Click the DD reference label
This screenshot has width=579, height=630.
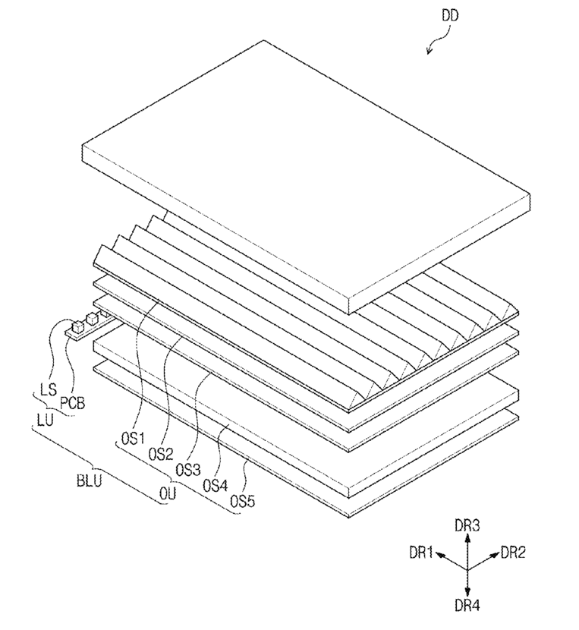(450, 16)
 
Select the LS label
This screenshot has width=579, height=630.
(49, 389)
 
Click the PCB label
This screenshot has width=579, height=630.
(73, 402)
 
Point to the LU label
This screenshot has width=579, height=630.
(45, 421)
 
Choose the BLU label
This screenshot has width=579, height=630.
(90, 480)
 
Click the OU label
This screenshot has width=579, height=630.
(168, 493)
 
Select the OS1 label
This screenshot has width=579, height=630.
(133, 439)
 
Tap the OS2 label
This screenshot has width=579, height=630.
(161, 455)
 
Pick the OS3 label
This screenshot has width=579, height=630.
(188, 470)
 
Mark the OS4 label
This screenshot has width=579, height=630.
(215, 486)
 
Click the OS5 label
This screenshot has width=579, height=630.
(242, 501)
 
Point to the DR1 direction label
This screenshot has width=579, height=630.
(421, 553)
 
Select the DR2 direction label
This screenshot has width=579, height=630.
(513, 553)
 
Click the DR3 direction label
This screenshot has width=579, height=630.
(467, 525)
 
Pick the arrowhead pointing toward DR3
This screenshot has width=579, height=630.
(467, 538)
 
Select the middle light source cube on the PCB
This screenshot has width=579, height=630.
(92, 319)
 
